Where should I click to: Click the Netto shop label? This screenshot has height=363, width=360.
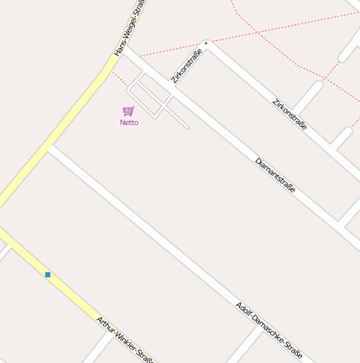pos(128,123)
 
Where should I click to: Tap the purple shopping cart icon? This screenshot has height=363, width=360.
pos(128,111)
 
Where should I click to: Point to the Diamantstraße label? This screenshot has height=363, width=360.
pos(275,176)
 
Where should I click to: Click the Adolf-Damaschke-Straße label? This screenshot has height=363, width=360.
pos(269,330)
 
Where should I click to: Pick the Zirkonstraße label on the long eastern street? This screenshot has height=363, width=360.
pos(290,116)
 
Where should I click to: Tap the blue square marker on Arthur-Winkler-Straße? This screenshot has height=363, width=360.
pos(48,275)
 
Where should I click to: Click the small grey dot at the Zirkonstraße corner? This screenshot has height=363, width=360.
pos(206,43)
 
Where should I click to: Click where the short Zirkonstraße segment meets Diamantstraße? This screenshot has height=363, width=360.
pos(172,91)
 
